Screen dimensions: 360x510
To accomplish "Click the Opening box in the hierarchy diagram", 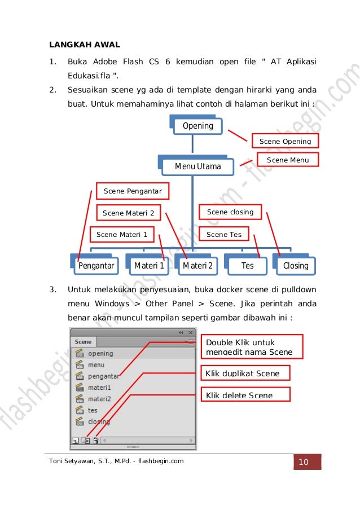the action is click(x=197, y=126).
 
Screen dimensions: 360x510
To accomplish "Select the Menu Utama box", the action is click(x=197, y=166).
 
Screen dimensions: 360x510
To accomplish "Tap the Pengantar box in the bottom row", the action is click(x=96, y=265).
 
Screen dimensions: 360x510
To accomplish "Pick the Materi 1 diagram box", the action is click(x=149, y=265).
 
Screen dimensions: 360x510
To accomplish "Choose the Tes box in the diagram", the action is click(x=247, y=265).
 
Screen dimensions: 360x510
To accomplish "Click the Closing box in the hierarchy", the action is click(x=296, y=265).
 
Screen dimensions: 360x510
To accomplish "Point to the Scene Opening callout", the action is click(x=285, y=141).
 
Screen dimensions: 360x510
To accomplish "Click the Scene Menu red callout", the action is click(x=288, y=160).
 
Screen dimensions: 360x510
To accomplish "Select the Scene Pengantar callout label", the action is click(x=132, y=191).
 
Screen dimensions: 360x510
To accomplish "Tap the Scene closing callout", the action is click(x=230, y=212).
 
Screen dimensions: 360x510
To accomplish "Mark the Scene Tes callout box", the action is click(x=224, y=234).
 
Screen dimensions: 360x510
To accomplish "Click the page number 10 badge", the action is click(x=304, y=463).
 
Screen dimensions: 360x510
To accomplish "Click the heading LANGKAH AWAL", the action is click(x=85, y=43).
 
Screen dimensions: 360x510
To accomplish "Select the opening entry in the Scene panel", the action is click(x=100, y=353).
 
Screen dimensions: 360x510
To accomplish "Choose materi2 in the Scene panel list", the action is click(x=99, y=399).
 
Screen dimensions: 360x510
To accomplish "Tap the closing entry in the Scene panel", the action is click(x=99, y=421).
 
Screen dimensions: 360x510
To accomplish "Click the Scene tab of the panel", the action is click(x=83, y=342).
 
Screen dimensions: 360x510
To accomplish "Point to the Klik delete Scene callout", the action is click(x=244, y=395).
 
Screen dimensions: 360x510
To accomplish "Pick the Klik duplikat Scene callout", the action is click(x=244, y=373).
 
